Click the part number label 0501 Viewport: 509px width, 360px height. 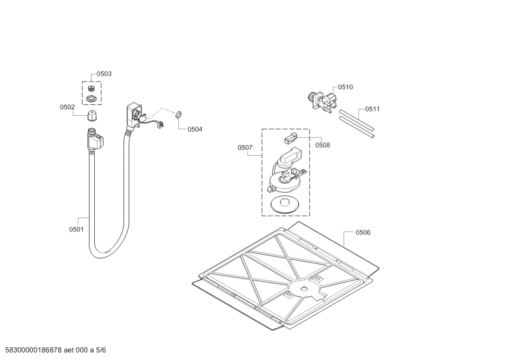pyautogui.click(x=76, y=230)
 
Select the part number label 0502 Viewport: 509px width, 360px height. pyautogui.click(x=67, y=107)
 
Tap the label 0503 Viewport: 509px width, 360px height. pyautogui.click(x=104, y=74)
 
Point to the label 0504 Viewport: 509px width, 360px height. pyautogui.click(x=195, y=129)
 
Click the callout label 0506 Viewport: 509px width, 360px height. pyautogui.click(x=363, y=233)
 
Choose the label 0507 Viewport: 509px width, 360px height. pyautogui.click(x=245, y=148)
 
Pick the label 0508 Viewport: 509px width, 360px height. pyautogui.click(x=323, y=145)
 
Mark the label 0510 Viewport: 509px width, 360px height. pyautogui.click(x=345, y=87)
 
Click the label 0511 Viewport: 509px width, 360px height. pyautogui.click(x=373, y=109)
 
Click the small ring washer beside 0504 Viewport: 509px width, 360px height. pyautogui.click(x=179, y=114)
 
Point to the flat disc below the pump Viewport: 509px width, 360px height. pyautogui.click(x=284, y=205)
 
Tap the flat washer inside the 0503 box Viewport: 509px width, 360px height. pyautogui.click(x=92, y=98)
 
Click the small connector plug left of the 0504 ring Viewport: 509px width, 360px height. pyautogui.click(x=160, y=125)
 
